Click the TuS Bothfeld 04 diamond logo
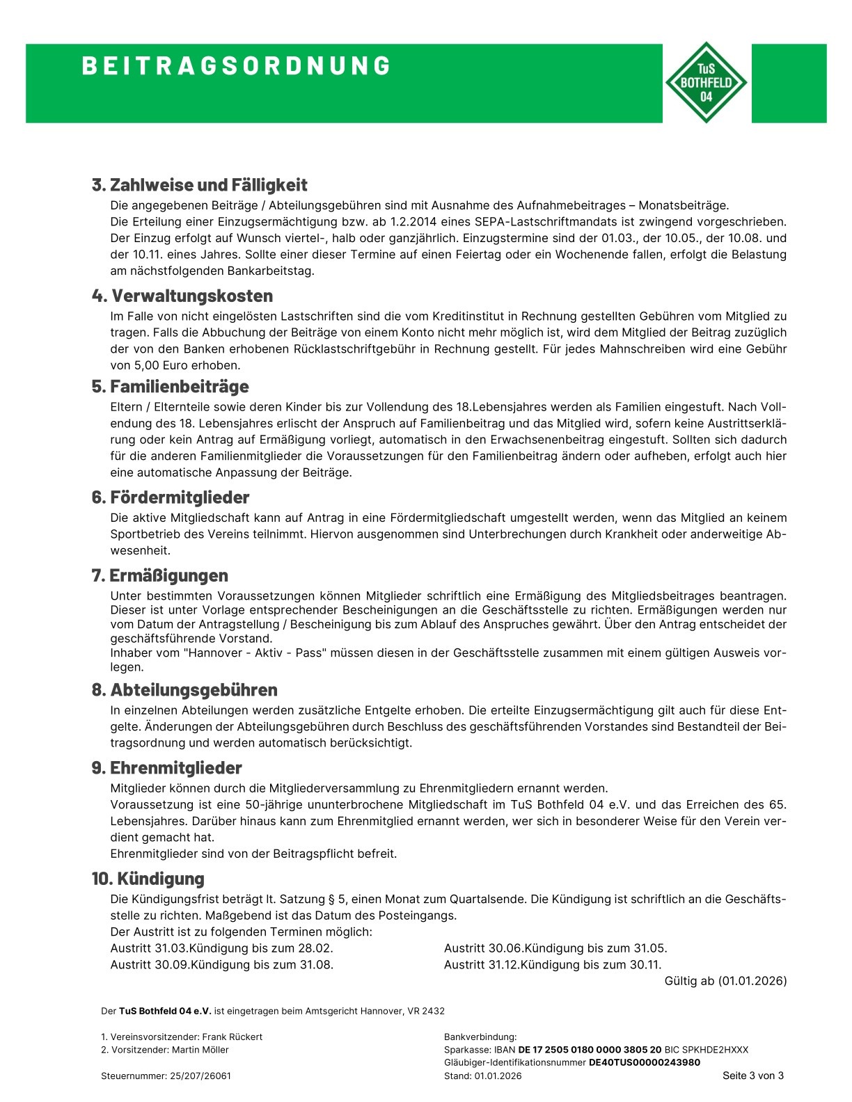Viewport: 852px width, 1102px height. click(707, 82)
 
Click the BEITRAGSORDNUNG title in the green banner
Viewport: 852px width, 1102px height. click(237, 65)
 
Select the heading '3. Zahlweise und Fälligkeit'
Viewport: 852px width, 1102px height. click(199, 185)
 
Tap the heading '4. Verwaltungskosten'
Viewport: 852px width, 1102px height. click(182, 296)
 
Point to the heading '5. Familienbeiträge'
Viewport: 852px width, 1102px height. click(170, 386)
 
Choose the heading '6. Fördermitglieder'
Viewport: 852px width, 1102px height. click(170, 497)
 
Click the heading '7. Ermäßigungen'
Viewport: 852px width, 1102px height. click(159, 575)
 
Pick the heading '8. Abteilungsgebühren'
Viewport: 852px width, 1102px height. click(184, 689)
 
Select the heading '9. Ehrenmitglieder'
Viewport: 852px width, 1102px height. click(166, 768)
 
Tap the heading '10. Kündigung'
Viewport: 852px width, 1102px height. click(148, 878)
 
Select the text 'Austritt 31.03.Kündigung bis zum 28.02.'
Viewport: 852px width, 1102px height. click(221, 948)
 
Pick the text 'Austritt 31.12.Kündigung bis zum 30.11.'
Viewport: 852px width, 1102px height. click(553, 964)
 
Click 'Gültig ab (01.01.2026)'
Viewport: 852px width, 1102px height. click(725, 981)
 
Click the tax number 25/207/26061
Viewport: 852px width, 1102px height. click(200, 1076)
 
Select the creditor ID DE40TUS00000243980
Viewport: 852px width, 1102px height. click(644, 1062)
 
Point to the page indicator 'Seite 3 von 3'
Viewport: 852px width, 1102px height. click(752, 1076)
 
